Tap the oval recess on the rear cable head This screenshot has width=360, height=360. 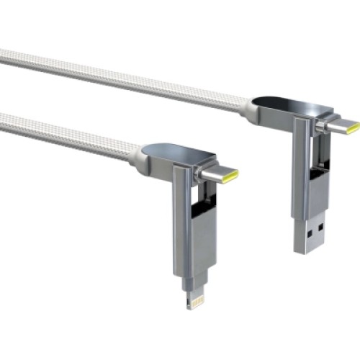(x=283, y=106)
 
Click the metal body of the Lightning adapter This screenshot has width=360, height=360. (x=186, y=245)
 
